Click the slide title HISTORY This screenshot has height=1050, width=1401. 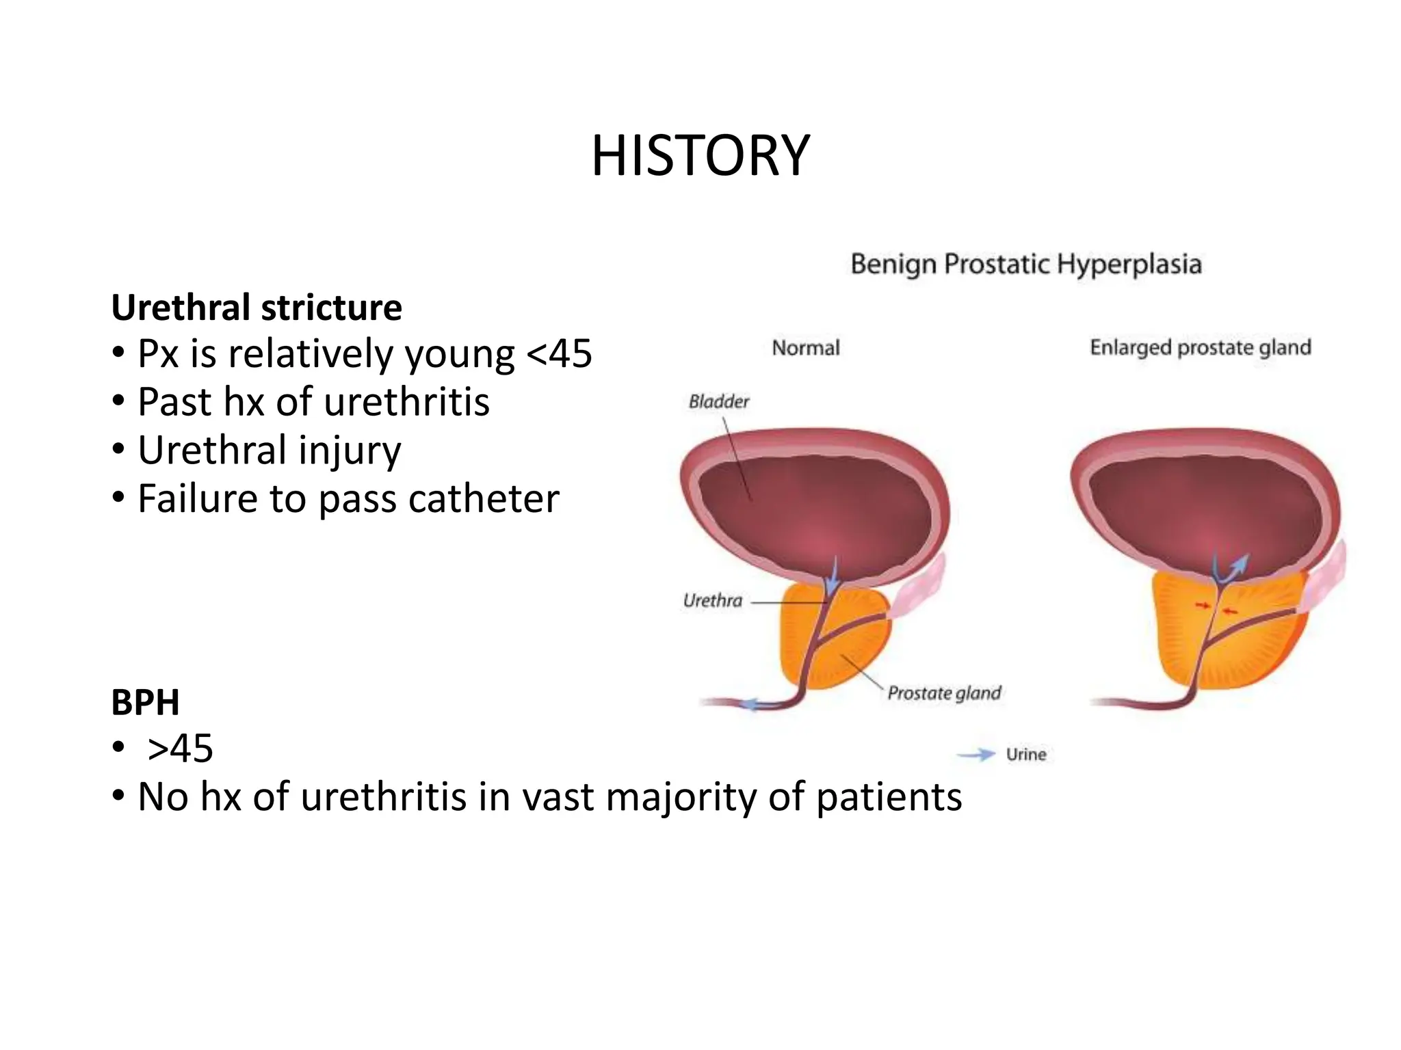(x=700, y=157)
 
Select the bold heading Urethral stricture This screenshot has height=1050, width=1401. (x=257, y=308)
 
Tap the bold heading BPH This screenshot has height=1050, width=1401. (x=145, y=702)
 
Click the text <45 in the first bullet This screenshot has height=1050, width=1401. (x=560, y=354)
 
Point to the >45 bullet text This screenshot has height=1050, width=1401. (x=181, y=749)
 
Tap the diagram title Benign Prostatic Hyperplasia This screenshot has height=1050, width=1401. (x=1025, y=264)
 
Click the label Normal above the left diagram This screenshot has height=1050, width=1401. (x=805, y=348)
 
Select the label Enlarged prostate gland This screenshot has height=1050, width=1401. (x=1200, y=347)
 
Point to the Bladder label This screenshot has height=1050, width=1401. (x=718, y=401)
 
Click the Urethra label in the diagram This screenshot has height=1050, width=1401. (x=712, y=601)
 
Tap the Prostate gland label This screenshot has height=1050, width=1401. (x=944, y=693)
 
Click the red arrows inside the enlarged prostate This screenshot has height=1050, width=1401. (x=1216, y=608)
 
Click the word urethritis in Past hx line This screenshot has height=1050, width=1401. (x=406, y=402)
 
